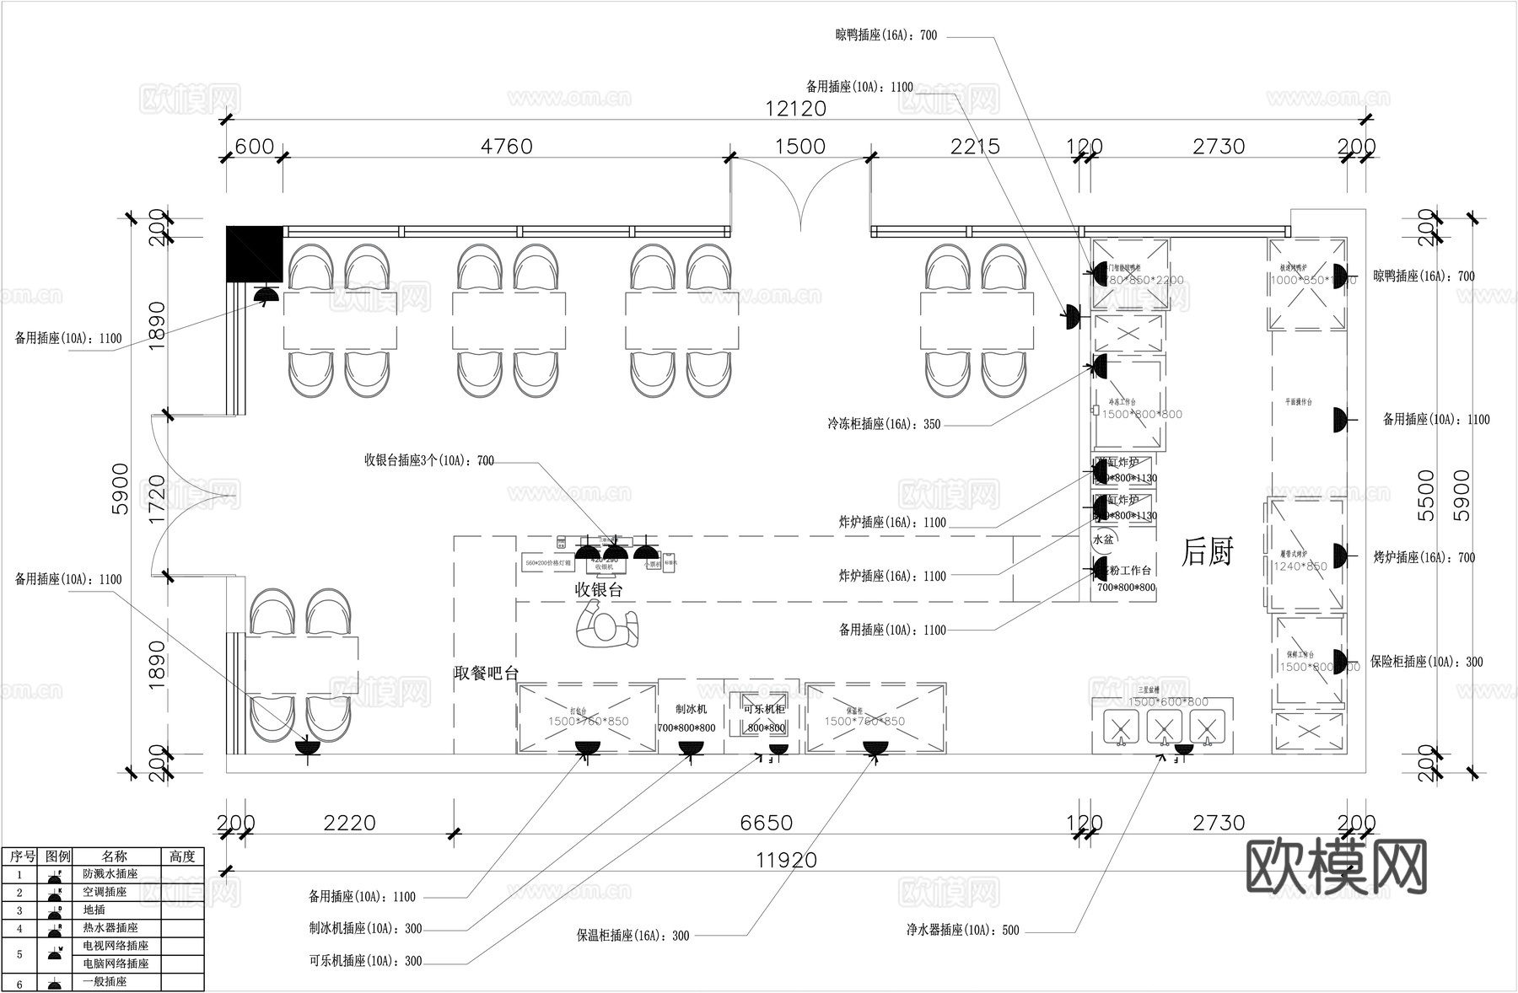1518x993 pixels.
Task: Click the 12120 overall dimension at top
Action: click(795, 109)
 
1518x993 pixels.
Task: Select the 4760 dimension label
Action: click(506, 147)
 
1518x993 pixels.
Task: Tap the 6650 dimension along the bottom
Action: click(766, 823)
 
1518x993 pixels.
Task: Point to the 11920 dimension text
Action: click(786, 860)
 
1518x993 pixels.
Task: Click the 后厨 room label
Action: click(1207, 552)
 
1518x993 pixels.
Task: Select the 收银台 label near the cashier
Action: click(599, 590)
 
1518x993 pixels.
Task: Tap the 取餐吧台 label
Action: click(486, 673)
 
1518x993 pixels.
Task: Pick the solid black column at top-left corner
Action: click(254, 254)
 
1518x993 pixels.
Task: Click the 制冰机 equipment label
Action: click(691, 709)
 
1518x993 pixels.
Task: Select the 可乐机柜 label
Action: click(764, 709)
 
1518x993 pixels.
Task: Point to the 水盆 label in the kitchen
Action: click(1103, 539)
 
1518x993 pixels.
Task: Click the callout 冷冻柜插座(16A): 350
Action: click(883, 425)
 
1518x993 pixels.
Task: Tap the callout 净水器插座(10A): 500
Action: click(962, 931)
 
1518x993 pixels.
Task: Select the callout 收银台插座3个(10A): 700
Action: click(428, 461)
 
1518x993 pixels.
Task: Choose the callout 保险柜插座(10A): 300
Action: click(1426, 663)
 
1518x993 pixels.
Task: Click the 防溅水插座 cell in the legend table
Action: click(110, 874)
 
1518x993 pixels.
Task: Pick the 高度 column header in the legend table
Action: click(181, 856)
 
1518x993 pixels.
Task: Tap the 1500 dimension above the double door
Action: click(799, 147)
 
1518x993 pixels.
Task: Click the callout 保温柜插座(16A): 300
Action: click(632, 936)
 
